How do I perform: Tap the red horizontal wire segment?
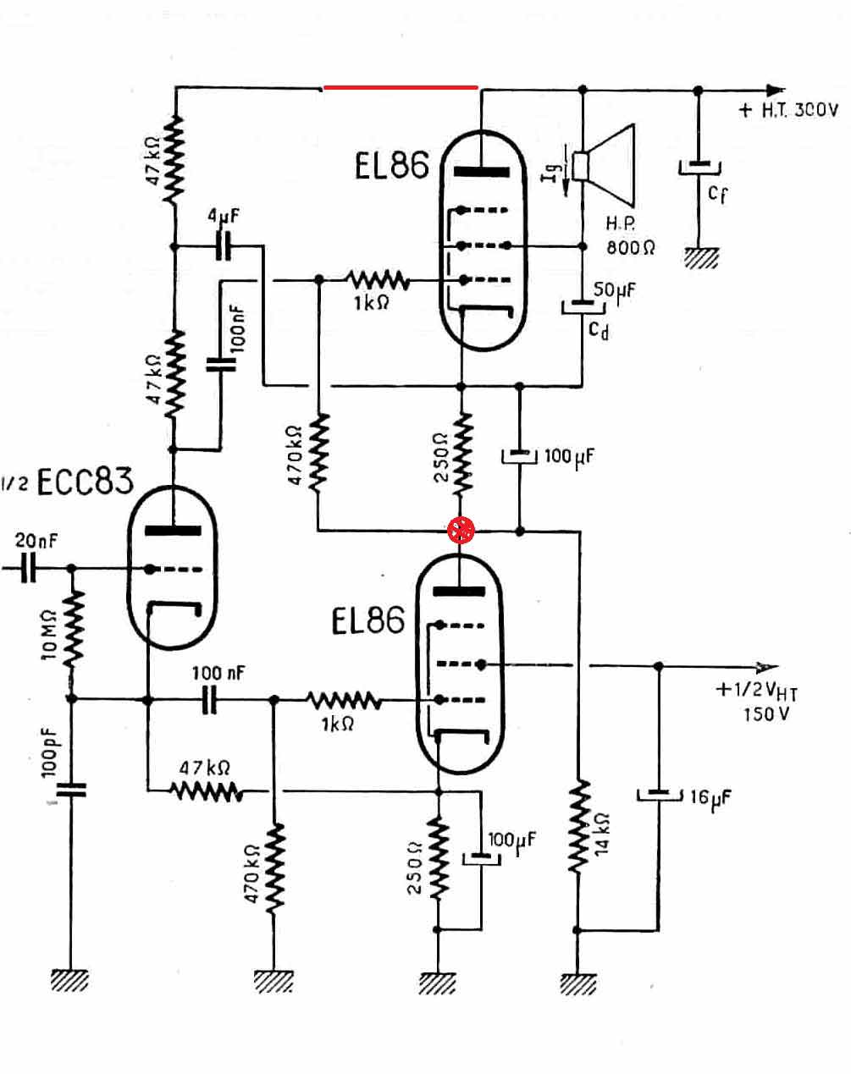click(x=401, y=87)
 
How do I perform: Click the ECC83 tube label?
click(x=86, y=481)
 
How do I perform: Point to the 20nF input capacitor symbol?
click(x=28, y=568)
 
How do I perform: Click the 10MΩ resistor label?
click(x=49, y=636)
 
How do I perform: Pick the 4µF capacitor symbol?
click(x=224, y=245)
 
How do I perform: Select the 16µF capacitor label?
click(x=710, y=798)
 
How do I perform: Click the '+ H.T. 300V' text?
click(x=788, y=110)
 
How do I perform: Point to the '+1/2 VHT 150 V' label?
click(x=757, y=702)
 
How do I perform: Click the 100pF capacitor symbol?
click(x=71, y=790)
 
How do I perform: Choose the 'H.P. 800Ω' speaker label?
click(x=630, y=235)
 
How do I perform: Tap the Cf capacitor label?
click(x=718, y=194)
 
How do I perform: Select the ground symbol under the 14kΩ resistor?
click(x=577, y=983)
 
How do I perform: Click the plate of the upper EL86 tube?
click(x=482, y=172)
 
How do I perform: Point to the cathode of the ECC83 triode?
click(x=174, y=608)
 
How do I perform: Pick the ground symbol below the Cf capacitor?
click(x=701, y=258)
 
